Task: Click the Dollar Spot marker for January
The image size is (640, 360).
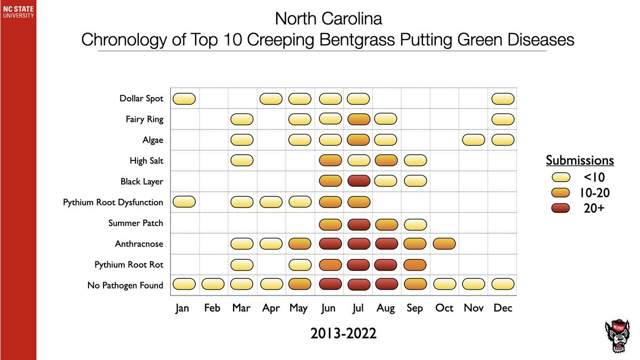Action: point(184,98)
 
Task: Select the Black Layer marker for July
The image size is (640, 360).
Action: point(358,181)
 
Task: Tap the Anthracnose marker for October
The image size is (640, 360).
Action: point(444,244)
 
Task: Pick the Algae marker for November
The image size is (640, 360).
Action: point(474,140)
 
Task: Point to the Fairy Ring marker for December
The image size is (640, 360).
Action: point(502,119)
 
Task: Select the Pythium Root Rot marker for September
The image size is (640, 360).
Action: point(415,265)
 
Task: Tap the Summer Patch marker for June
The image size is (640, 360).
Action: point(330,223)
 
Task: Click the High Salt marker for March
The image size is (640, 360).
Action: point(242,161)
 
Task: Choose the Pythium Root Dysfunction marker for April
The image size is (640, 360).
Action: point(270,202)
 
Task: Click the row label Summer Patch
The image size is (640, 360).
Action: point(135,223)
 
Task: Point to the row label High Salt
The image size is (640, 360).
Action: point(146,161)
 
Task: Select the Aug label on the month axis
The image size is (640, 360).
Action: point(386,308)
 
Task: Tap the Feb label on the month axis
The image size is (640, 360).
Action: point(212,308)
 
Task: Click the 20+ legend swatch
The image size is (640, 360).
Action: point(561,208)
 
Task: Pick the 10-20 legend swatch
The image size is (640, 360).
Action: point(561,193)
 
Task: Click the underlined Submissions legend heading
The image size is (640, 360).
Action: point(580,161)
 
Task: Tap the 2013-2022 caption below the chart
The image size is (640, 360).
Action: point(343,334)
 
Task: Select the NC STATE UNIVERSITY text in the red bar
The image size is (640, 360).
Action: point(18,11)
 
